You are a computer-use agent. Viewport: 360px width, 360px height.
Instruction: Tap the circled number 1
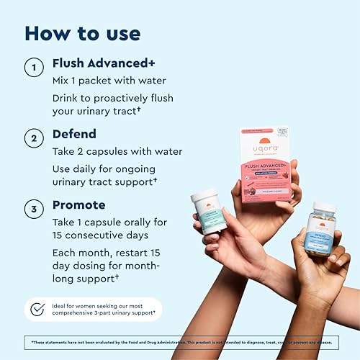32,68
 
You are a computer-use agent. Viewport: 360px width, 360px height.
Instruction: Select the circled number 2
32,136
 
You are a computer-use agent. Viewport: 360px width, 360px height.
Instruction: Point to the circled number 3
32,211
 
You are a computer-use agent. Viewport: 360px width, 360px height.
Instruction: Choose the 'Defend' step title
75,134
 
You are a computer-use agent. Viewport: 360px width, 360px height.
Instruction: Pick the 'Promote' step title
79,205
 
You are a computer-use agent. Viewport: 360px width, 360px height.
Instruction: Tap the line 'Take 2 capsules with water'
117,151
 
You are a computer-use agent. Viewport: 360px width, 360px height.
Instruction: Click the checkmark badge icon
37,310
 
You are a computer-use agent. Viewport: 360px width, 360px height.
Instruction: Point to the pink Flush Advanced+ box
264,164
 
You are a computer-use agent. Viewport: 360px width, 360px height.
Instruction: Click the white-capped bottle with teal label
210,212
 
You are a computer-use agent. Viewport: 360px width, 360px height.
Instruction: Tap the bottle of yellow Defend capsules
320,230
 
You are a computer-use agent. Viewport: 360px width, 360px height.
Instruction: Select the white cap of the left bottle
205,195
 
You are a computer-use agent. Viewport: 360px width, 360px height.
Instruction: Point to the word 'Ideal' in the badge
60,305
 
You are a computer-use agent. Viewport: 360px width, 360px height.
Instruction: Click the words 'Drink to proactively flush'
112,98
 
